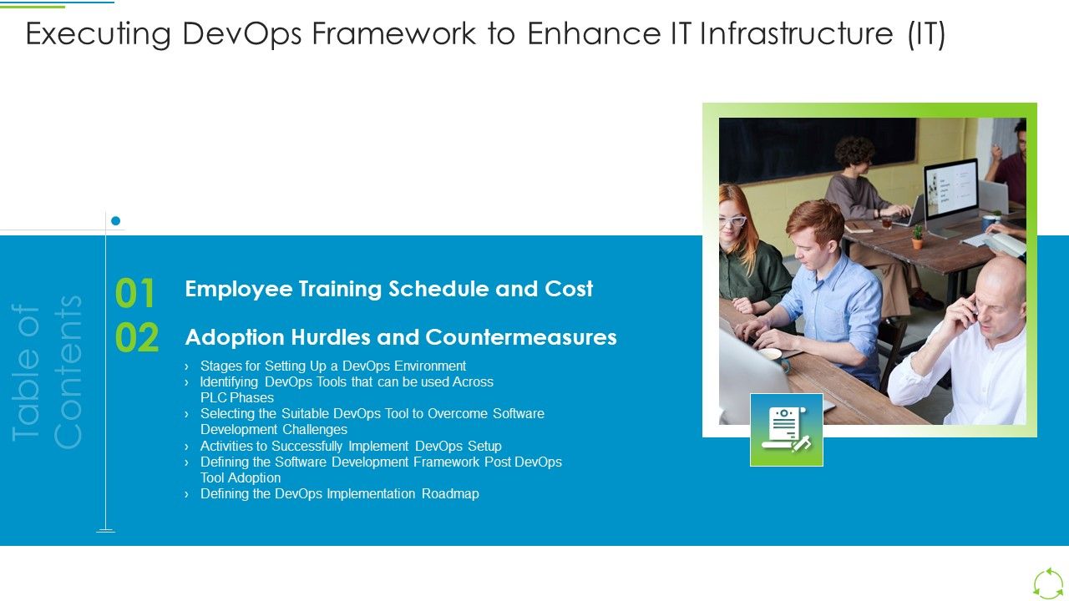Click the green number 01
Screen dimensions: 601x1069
click(x=135, y=294)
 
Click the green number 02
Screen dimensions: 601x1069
click(x=137, y=339)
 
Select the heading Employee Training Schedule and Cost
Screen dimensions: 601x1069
click(x=388, y=289)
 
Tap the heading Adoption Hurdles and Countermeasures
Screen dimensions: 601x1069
click(x=401, y=337)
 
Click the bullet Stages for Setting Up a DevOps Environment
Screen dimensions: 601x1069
click(x=332, y=366)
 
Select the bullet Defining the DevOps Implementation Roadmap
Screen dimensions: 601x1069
click(x=339, y=493)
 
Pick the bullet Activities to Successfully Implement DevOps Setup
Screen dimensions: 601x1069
click(x=351, y=446)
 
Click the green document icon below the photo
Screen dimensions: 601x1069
click(x=786, y=430)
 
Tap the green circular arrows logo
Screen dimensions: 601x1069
click(x=1048, y=583)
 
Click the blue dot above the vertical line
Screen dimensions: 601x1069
click(x=116, y=221)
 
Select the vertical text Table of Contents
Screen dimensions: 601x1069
click(x=48, y=371)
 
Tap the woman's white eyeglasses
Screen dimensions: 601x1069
click(x=732, y=221)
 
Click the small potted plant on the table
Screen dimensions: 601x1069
click(x=918, y=237)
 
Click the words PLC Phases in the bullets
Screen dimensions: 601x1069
click(x=236, y=397)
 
